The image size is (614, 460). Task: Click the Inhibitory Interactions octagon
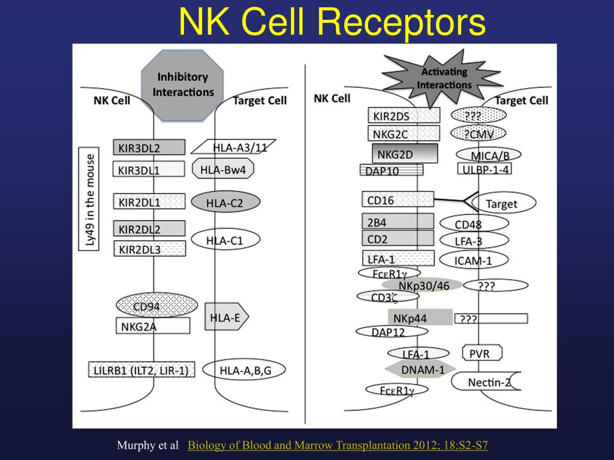[182, 84]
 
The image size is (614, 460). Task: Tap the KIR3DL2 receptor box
[149, 147]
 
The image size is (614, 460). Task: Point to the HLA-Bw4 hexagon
[223, 169]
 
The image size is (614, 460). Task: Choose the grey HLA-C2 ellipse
[225, 202]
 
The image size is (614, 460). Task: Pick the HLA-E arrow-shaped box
[226, 317]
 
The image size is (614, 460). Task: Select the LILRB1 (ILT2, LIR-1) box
[142, 370]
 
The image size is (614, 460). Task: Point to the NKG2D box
[405, 154]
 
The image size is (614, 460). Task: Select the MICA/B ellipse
[489, 156]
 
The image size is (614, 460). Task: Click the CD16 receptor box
[398, 200]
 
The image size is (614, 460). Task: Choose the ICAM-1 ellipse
[474, 260]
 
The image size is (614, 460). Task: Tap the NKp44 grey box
[420, 317]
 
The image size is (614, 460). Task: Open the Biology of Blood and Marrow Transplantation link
[338, 445]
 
